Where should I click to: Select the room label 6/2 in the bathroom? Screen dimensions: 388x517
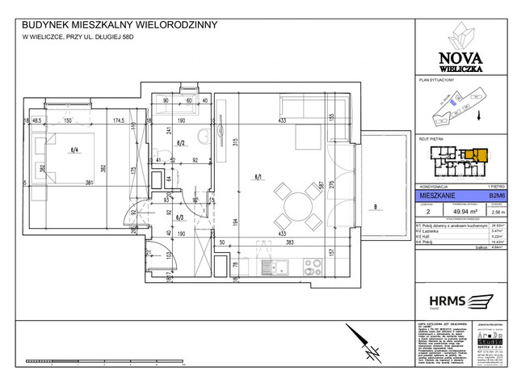coord(181,144)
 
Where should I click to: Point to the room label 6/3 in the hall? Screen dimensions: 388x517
coord(181,217)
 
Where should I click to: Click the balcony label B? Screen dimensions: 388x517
coord(376,208)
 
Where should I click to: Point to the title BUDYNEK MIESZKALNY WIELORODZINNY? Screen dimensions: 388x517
coord(120,25)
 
